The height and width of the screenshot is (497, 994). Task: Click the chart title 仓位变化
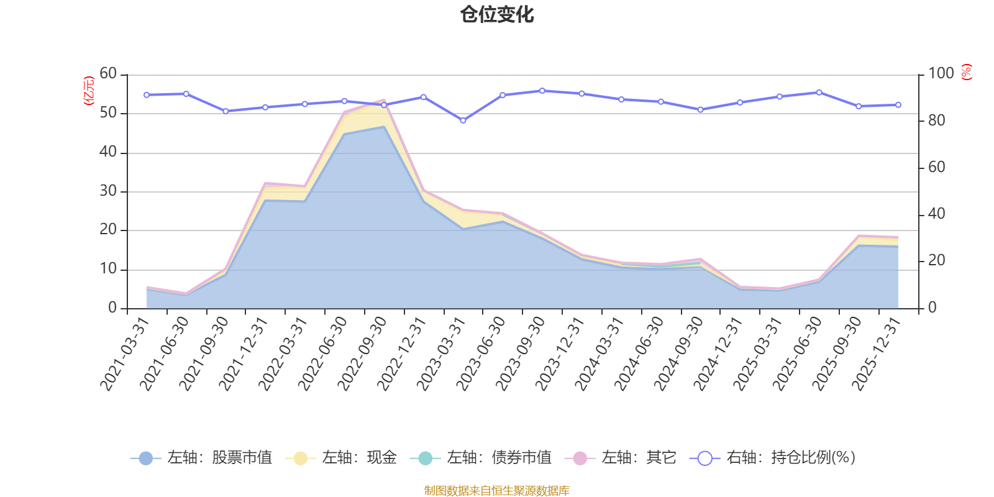tap(497, 14)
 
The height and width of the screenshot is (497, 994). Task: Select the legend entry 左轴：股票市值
tap(201, 458)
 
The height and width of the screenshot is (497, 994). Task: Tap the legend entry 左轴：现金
tap(341, 458)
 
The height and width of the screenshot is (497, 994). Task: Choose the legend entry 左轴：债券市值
tap(481, 458)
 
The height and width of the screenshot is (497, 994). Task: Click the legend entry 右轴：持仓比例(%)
tap(773, 458)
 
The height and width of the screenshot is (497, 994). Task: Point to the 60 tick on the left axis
tap(108, 74)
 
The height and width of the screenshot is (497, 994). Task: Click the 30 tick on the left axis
tap(108, 191)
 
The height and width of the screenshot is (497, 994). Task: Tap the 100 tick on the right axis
tap(941, 74)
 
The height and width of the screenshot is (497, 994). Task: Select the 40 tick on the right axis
tap(937, 214)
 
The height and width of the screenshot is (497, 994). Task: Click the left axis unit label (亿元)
tap(89, 91)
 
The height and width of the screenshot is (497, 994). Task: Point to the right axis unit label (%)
tap(966, 72)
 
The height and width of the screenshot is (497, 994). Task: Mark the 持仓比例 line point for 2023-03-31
tap(463, 121)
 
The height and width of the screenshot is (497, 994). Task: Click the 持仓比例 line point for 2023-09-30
tap(542, 91)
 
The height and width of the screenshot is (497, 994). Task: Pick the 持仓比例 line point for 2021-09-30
tap(226, 111)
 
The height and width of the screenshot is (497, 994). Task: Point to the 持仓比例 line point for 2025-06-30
tap(819, 93)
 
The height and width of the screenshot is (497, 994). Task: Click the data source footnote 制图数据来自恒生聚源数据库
tap(497, 491)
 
